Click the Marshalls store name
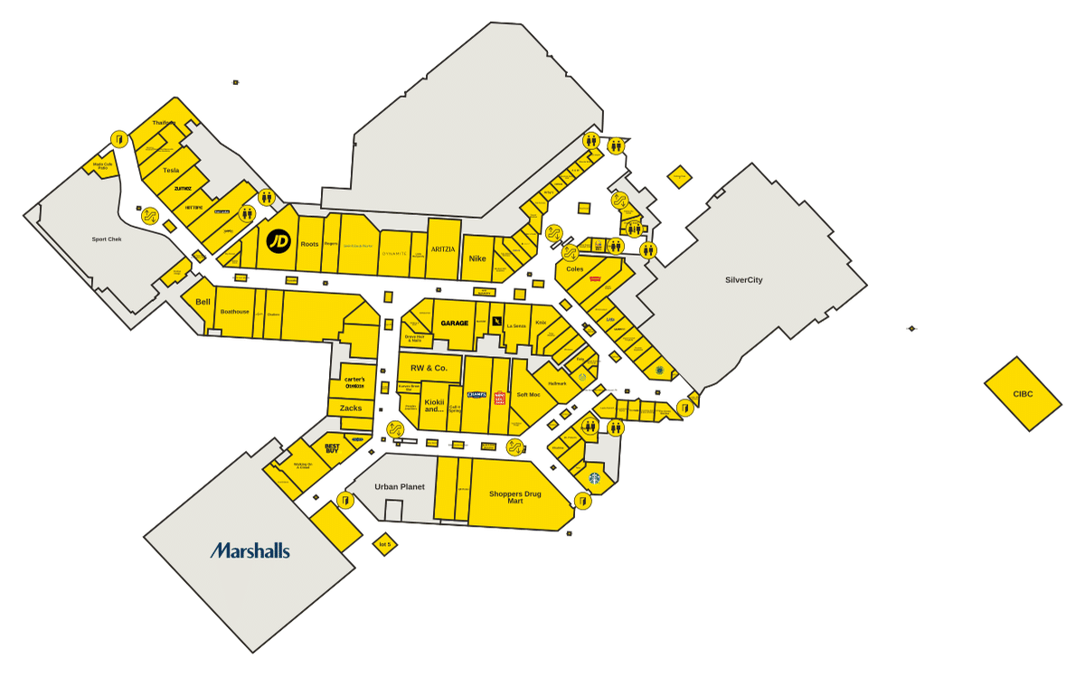click(250, 550)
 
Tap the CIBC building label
click(1023, 394)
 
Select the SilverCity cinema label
click(743, 280)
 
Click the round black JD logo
click(278, 241)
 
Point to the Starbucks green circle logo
click(595, 478)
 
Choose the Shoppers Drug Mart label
click(515, 496)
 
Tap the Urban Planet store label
click(400, 486)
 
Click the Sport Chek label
click(107, 239)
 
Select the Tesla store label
click(171, 170)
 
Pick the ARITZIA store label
click(443, 249)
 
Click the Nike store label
click(477, 258)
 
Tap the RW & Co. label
click(429, 368)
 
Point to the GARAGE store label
click(454, 323)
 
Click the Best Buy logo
click(332, 447)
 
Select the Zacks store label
click(351, 408)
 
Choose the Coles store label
click(575, 268)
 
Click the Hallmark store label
click(557, 383)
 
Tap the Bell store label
click(203, 302)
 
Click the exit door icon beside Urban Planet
click(344, 500)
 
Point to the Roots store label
click(309, 244)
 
